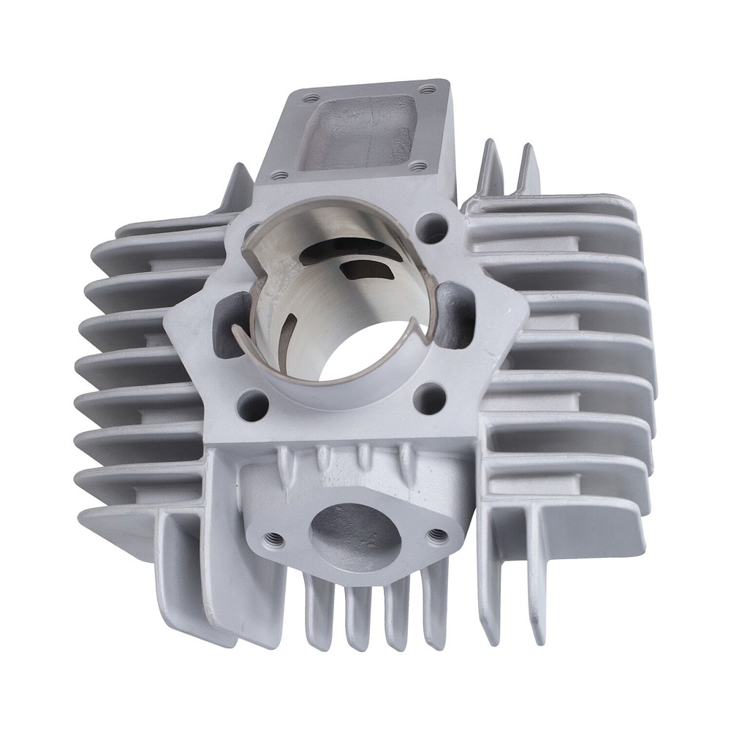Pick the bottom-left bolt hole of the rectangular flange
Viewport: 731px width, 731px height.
coord(279,175)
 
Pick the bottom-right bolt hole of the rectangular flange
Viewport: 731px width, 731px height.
coord(417,167)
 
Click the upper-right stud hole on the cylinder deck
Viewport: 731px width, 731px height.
coord(431,228)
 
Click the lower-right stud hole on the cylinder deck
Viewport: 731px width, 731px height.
coord(429,398)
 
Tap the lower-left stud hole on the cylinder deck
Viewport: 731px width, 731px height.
coord(252,404)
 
